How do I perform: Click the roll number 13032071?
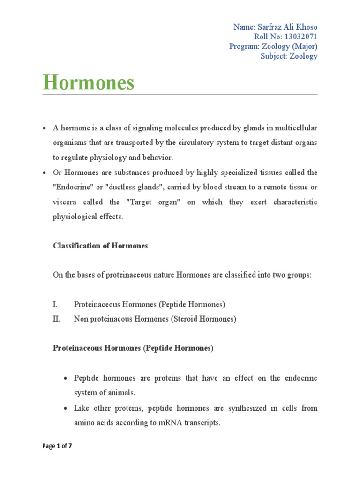click(299, 37)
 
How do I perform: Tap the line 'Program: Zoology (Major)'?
click(273, 46)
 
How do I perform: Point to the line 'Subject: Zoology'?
click(289, 56)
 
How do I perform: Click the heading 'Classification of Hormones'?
click(100, 246)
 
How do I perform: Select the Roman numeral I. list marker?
click(55, 304)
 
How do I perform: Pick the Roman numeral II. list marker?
click(56, 319)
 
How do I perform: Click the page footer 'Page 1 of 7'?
click(57, 446)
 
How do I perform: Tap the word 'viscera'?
click(65, 202)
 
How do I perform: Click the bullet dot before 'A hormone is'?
click(44, 128)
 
